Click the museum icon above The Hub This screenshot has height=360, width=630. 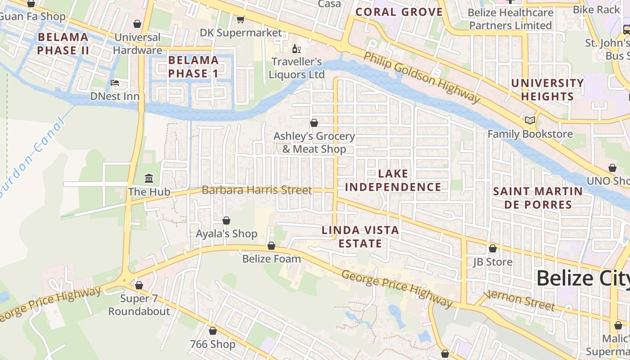tap(149, 179)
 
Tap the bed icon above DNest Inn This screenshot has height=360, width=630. tap(115, 83)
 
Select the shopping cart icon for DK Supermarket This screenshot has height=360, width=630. tap(241, 19)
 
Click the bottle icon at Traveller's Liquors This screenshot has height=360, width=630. tap(296, 49)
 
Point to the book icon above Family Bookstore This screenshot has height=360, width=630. tap(530, 121)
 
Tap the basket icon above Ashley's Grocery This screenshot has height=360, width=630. tap(314, 123)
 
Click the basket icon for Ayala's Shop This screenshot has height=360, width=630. tap(226, 220)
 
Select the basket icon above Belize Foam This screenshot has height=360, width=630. tap(271, 246)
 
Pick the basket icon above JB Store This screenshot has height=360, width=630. tap(493, 248)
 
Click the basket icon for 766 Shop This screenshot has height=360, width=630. tap(213, 331)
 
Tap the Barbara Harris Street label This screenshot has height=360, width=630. tap(256, 190)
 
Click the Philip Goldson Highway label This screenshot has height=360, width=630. tap(422, 77)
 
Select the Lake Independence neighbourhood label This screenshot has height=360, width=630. tap(393, 180)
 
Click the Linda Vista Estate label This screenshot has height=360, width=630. tap(360, 237)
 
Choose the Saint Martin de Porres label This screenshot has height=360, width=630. tap(538, 198)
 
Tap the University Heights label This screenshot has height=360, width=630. tap(547, 90)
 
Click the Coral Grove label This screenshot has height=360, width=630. tap(399, 12)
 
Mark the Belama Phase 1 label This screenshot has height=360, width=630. tap(193, 67)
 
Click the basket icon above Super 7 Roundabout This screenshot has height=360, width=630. tap(139, 285)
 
